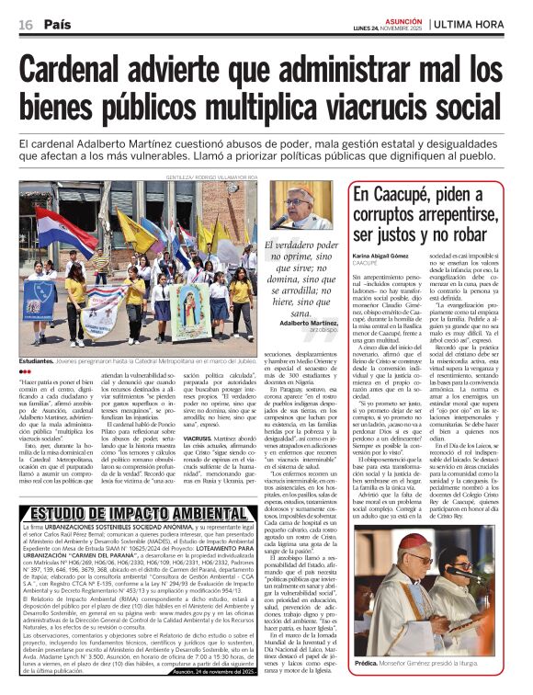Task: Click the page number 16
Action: [26, 25]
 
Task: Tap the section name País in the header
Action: [58, 25]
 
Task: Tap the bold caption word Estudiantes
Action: [38, 362]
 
